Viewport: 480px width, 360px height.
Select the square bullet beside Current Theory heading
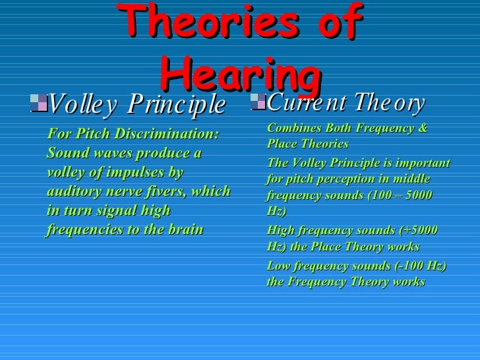(258, 102)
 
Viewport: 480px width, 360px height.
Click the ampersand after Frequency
(423, 128)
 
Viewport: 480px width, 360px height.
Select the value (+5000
(419, 231)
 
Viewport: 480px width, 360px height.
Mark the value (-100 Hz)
(421, 266)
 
